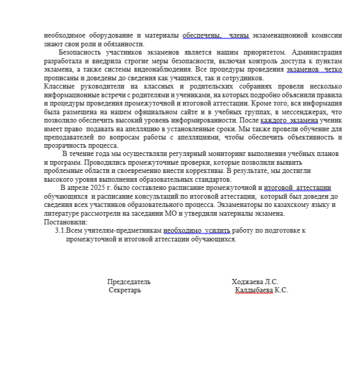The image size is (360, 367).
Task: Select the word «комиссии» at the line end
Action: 328,36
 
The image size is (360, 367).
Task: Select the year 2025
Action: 96,188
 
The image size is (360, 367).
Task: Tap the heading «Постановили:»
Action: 66,222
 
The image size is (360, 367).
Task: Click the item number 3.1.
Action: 60,231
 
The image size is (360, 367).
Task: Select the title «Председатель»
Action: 129,282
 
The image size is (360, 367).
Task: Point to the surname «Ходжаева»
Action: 247,282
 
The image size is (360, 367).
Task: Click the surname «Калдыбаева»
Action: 254,290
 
